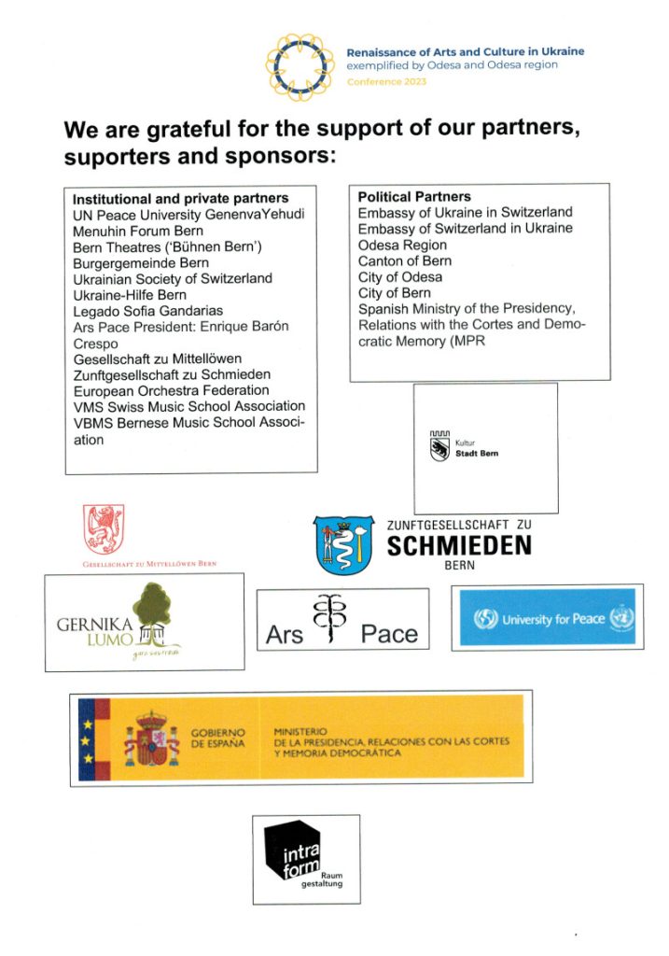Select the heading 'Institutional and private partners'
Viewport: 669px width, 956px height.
[180, 199]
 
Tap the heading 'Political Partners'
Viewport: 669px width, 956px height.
[414, 197]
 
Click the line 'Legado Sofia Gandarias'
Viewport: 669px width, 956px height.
[148, 312]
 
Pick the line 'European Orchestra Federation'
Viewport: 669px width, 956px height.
[171, 390]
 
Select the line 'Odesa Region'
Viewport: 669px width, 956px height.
[402, 245]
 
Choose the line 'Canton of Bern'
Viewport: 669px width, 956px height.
[404, 260]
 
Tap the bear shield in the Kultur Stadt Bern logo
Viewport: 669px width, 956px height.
[440, 452]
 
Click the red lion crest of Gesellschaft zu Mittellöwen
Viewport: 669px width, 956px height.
[104, 529]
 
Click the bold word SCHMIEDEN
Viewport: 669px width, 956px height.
[458, 545]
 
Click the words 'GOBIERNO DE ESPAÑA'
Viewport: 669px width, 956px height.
[219, 738]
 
